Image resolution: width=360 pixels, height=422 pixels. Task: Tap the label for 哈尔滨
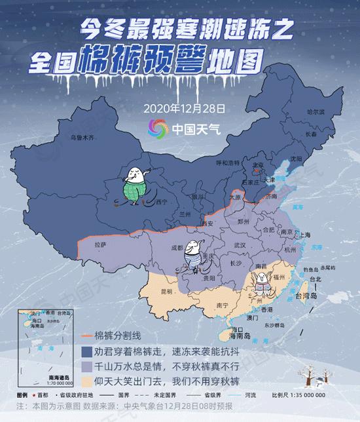point(316,112)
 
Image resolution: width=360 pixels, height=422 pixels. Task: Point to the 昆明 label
point(166,291)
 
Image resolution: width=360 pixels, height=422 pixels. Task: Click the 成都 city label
point(177,248)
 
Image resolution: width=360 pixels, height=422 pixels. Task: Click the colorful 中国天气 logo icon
point(158,128)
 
